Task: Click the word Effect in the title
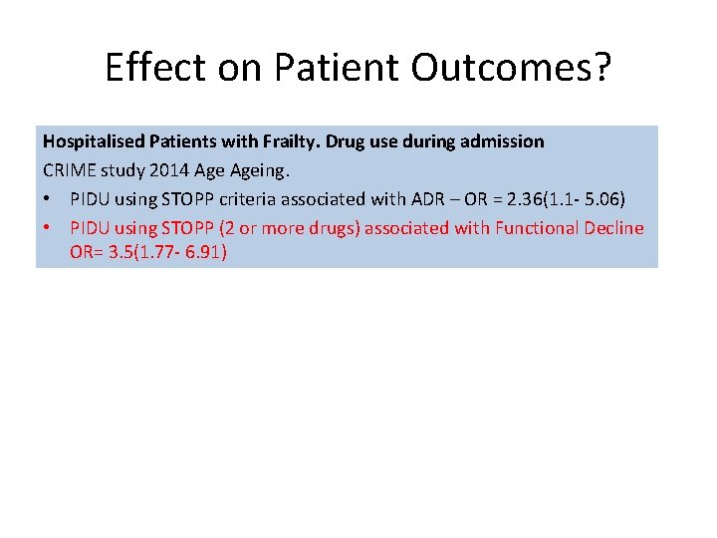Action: pos(155,68)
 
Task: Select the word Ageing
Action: pos(259,170)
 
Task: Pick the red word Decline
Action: pos(614,228)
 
